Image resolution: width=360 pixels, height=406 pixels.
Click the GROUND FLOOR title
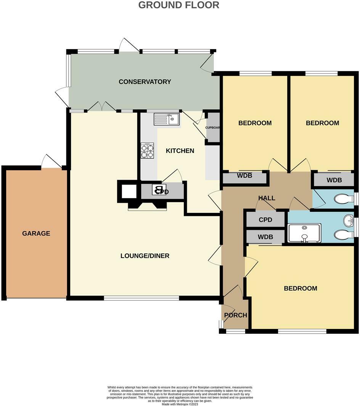click(178, 5)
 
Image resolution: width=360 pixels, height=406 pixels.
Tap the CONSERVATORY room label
click(145, 82)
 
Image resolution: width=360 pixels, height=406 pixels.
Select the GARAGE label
click(36, 233)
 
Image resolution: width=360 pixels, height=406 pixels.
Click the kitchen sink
click(167, 119)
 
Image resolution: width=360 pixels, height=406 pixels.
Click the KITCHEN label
click(180, 151)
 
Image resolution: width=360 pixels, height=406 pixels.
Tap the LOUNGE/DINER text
click(145, 256)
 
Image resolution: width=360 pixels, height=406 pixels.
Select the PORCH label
click(235, 315)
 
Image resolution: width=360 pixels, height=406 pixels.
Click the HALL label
click(267, 198)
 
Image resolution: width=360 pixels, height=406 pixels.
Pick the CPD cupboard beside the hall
click(265, 220)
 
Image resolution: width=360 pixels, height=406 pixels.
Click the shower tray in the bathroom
click(304, 233)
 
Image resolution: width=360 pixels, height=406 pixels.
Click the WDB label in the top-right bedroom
click(334, 180)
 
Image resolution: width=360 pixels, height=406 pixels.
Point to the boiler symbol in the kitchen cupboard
click(159, 190)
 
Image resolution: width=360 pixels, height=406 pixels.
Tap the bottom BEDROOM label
click(300, 288)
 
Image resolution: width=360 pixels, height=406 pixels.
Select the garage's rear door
click(51, 162)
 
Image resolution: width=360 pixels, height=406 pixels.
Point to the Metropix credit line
click(180, 404)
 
